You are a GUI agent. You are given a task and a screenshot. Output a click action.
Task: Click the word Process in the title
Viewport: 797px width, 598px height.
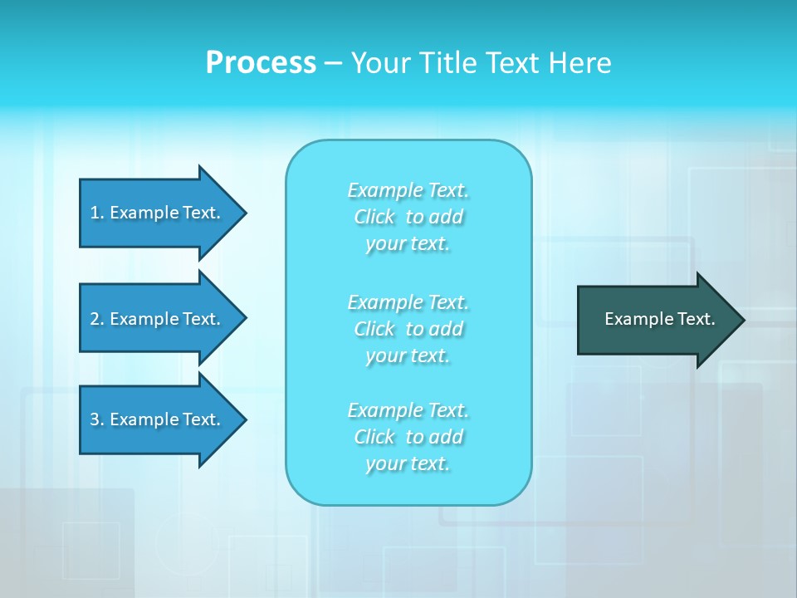click(261, 63)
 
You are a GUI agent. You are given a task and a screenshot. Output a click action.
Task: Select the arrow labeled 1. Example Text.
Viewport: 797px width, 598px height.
click(158, 213)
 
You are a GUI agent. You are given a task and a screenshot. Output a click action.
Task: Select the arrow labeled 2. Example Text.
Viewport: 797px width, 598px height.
click(158, 319)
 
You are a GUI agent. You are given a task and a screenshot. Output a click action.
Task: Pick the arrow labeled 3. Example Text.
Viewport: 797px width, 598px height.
click(158, 419)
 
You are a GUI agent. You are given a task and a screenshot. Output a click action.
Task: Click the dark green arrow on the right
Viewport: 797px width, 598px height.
click(656, 319)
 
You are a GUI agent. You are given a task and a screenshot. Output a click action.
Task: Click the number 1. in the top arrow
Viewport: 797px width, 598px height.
click(96, 213)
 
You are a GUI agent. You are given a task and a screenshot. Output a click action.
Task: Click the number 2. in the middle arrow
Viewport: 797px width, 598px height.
click(96, 319)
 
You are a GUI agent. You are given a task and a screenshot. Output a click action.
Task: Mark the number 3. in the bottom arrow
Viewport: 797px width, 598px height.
click(96, 419)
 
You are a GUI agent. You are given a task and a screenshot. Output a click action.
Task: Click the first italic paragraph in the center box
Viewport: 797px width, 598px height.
click(408, 217)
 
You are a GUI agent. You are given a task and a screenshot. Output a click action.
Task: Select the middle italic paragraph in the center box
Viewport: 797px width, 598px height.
click(408, 329)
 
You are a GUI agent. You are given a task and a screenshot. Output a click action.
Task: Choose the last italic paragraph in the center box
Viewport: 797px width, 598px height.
click(408, 437)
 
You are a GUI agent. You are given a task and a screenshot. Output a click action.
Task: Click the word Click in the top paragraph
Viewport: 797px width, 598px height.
click(374, 217)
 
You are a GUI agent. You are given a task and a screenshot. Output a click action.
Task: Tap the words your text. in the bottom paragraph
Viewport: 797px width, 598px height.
click(408, 463)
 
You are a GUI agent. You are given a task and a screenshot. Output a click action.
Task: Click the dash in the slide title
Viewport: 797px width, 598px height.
click(333, 63)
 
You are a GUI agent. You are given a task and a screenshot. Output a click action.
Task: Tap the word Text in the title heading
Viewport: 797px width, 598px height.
click(513, 63)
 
